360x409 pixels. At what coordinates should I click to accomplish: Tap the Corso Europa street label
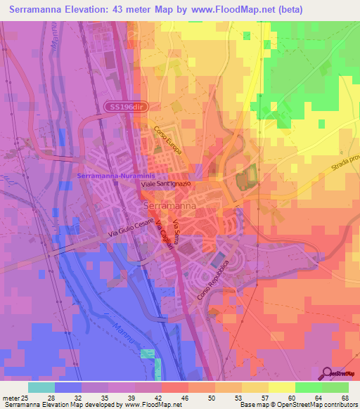click(168, 141)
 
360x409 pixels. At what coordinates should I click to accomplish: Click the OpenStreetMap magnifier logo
click(326, 373)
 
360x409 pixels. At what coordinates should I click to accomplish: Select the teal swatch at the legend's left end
click(41, 387)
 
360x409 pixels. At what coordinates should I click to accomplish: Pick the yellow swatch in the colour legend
click(281, 387)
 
